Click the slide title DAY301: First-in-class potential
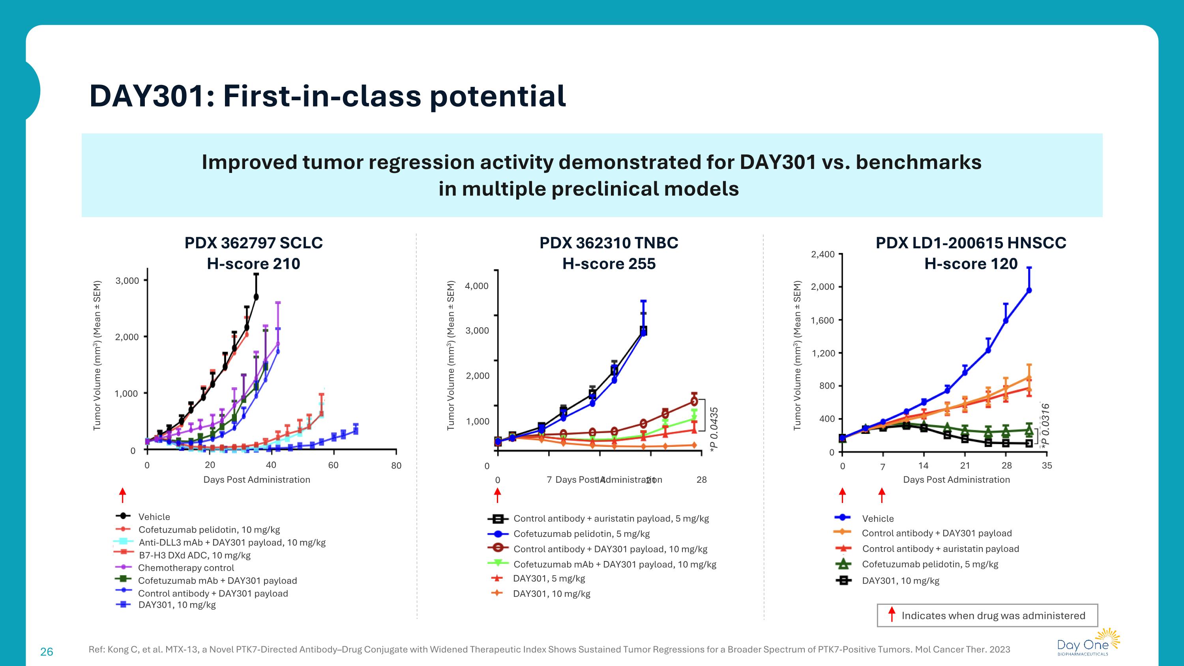327,96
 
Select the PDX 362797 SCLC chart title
253,243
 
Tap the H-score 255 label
609,264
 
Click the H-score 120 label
971,264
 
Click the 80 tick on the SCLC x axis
396,465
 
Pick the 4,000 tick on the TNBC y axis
477,286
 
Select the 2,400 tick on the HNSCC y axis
823,254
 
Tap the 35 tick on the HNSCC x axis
1047,465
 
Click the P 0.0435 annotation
714,429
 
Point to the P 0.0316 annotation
1045,426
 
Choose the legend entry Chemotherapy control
186,568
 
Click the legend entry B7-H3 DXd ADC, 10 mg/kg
195,555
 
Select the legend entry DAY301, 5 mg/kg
549,578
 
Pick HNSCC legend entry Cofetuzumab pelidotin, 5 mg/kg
930,564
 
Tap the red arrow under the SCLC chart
123,495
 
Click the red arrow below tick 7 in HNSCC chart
882,495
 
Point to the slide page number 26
47,651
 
